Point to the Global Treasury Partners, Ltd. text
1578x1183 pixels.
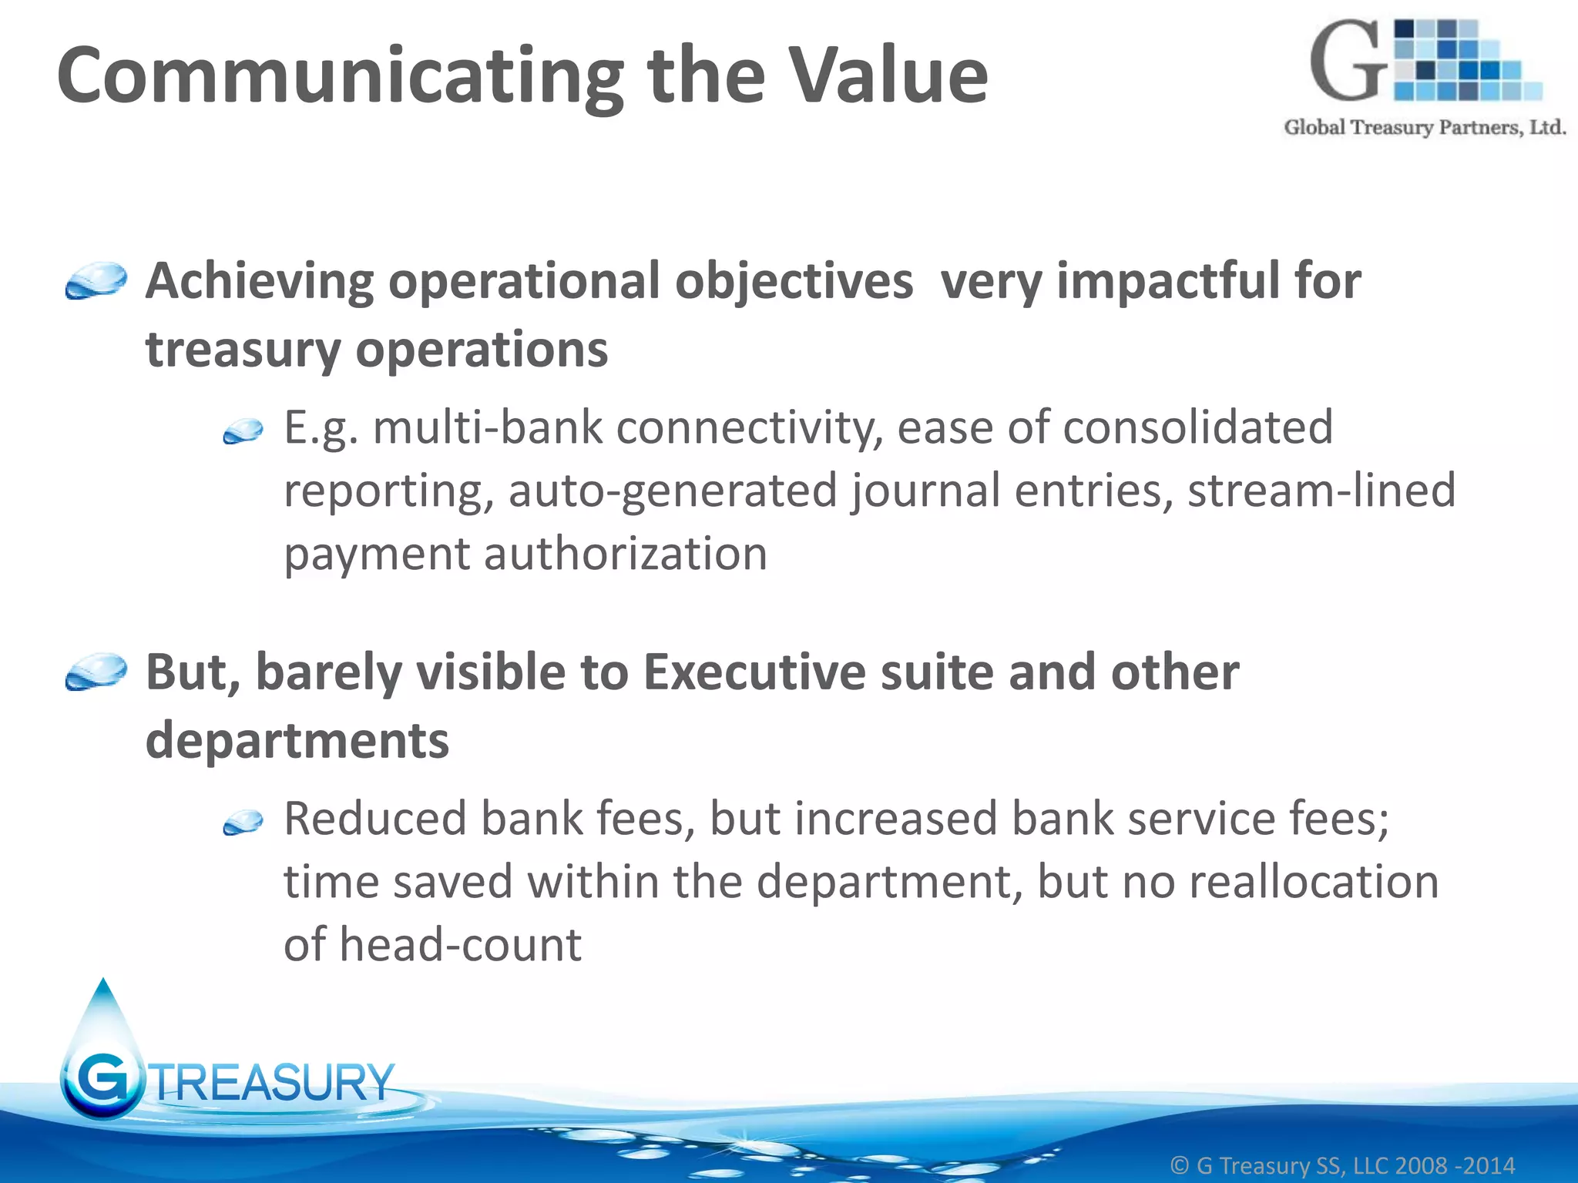[x=1425, y=127]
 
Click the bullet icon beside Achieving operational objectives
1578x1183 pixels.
[x=96, y=280]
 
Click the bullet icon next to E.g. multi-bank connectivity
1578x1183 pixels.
[x=243, y=431]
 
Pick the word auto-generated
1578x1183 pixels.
[x=673, y=491]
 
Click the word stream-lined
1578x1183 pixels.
[x=1321, y=491]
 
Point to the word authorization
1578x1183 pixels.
[x=625, y=554]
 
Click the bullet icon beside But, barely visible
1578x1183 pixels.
[x=96, y=672]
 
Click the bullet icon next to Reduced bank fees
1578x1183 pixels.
[x=243, y=823]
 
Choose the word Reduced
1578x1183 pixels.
[x=375, y=818]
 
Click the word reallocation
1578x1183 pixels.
[x=1314, y=881]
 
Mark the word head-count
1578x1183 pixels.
[x=460, y=944]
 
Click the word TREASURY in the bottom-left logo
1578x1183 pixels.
[x=274, y=1082]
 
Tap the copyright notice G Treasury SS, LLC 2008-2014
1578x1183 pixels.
[x=1342, y=1165]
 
